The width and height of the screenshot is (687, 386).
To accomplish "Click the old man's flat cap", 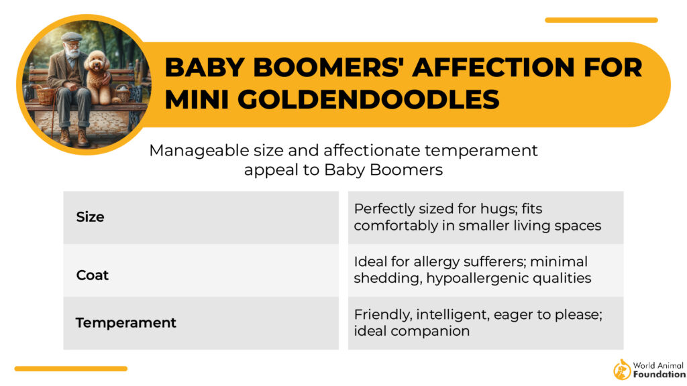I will (x=71, y=37).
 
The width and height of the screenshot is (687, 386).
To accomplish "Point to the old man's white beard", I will (x=72, y=53).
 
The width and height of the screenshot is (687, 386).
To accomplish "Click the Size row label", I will (x=90, y=217).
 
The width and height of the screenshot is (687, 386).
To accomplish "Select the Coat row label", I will (x=93, y=275).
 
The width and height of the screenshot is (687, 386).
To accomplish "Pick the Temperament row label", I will (x=125, y=322).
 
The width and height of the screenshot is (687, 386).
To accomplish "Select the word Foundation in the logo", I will (x=659, y=375).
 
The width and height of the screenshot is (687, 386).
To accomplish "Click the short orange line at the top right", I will (x=601, y=20).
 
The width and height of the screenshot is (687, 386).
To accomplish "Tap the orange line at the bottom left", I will (x=71, y=369).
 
